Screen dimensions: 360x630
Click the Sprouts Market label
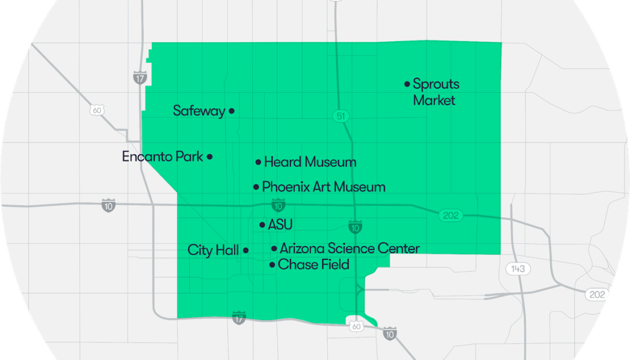click(436, 92)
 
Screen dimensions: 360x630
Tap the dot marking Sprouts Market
click(407, 84)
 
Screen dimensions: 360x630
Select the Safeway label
click(199, 111)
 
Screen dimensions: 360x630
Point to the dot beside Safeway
click(232, 111)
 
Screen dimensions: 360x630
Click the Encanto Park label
click(163, 157)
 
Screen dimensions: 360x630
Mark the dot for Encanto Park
click(209, 157)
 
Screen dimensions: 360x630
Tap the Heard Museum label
click(310, 162)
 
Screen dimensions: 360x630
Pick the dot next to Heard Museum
click(259, 162)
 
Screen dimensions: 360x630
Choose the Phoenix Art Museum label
click(324, 187)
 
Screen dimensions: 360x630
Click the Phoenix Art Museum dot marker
click(256, 187)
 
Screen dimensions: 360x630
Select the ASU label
click(280, 225)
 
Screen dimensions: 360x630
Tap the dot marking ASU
click(262, 225)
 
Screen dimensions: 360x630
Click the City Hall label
click(213, 250)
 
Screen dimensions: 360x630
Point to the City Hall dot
click(245, 250)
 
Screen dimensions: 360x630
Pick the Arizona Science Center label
click(350, 248)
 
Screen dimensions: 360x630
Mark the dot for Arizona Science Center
click(274, 248)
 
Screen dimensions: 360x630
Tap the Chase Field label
click(314, 265)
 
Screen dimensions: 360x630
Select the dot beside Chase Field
click(272, 265)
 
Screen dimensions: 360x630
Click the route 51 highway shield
click(341, 117)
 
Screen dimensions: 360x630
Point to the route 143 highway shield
click(517, 268)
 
